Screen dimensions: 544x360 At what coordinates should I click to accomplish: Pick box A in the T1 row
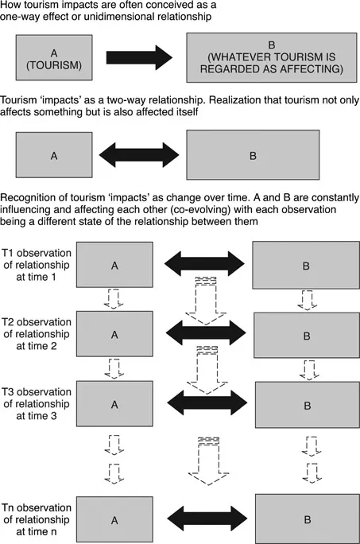pyautogui.click(x=114, y=262)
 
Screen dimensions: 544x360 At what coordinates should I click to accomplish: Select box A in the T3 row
pyautogui.click(x=114, y=403)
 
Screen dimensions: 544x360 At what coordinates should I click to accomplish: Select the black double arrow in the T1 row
pyautogui.click(x=206, y=262)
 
